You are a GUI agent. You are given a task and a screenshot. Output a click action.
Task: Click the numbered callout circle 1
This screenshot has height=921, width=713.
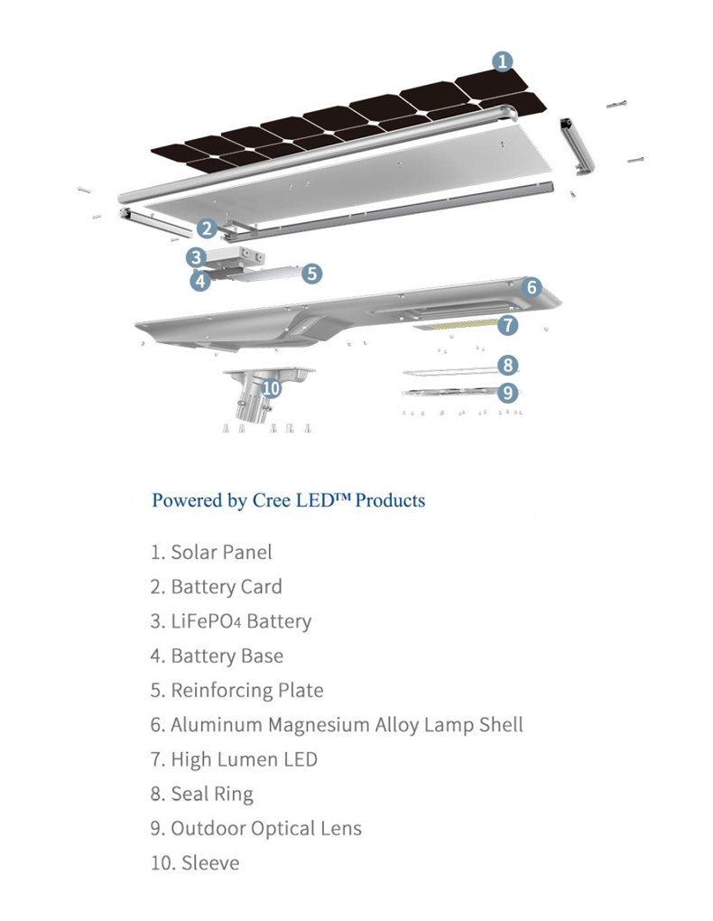coord(502,61)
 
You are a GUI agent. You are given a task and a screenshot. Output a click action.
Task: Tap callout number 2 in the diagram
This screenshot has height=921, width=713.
coord(206,228)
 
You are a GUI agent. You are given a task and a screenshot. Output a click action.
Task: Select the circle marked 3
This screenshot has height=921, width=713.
coord(196,256)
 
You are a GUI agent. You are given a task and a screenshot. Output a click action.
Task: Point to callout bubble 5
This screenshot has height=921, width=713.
coord(312,273)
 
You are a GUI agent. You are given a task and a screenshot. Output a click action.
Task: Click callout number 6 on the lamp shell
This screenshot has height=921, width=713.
coord(532,286)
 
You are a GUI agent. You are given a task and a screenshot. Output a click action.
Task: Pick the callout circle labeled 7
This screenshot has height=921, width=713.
coord(507,325)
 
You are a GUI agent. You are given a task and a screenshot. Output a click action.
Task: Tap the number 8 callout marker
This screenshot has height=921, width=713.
coord(507,365)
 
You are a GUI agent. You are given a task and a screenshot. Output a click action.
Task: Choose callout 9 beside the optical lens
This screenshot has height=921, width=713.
coord(507,392)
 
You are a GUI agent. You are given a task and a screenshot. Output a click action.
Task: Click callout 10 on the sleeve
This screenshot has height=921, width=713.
coord(271,388)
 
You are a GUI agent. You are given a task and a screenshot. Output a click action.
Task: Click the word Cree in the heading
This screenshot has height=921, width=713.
coord(272,500)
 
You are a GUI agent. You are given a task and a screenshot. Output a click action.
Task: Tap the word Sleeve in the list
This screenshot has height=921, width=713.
coord(210,863)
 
